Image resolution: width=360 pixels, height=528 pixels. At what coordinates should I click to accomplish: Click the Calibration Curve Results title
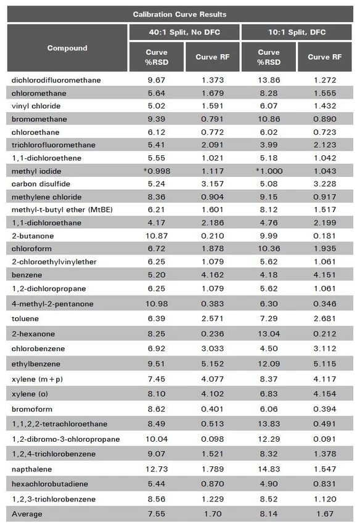(x=179, y=14)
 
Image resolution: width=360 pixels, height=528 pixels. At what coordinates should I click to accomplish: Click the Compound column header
(x=67, y=48)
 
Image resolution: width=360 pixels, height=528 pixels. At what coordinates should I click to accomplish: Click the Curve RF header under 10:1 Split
(x=324, y=57)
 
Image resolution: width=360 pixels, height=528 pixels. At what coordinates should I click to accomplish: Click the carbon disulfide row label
(x=39, y=184)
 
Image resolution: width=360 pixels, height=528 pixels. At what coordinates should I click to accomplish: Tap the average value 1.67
(x=324, y=513)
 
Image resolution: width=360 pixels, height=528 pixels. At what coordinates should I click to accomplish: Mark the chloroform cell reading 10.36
(x=269, y=248)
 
